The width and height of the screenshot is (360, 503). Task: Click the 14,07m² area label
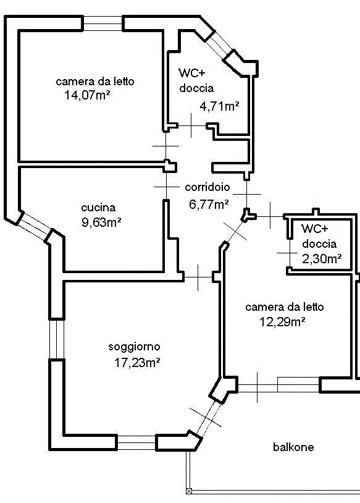coord(87,95)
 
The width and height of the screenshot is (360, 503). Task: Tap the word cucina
coord(98,208)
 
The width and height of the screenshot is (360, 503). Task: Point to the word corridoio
coord(207,187)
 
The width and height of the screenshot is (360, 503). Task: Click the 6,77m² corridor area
coord(209,204)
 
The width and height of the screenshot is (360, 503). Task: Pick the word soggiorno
coord(135,347)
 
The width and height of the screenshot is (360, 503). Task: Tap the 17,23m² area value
coord(137,363)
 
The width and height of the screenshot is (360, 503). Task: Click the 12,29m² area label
coord(282,322)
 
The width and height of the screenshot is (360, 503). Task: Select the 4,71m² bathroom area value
coord(220,106)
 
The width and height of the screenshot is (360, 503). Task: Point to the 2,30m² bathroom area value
coord(322,258)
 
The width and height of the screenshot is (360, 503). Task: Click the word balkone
coord(293,447)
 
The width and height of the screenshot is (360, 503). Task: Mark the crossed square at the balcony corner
coord(189,491)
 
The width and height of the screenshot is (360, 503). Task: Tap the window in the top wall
coord(103,23)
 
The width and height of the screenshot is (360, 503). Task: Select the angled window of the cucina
coord(35,226)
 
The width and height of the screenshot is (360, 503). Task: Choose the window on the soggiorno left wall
coord(57,339)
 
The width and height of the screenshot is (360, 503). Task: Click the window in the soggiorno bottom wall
coord(136,442)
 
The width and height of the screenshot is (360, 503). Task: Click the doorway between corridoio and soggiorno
coord(198,277)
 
